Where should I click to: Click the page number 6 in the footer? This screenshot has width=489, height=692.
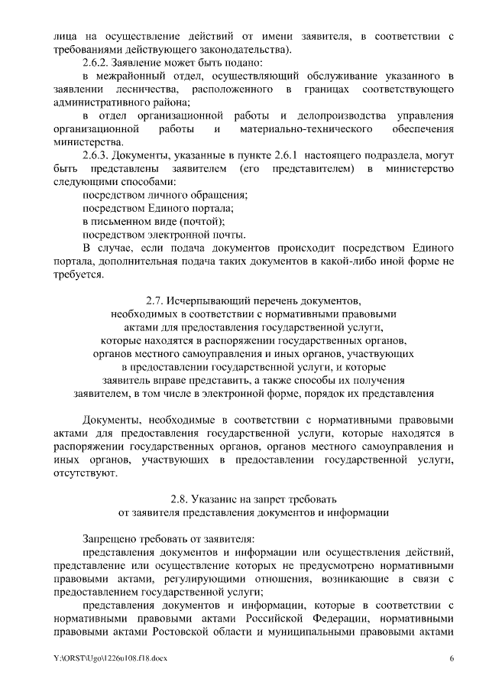pos(451,658)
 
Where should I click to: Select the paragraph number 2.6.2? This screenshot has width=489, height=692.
pos(97,62)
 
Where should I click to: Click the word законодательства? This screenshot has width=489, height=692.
pos(241,49)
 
